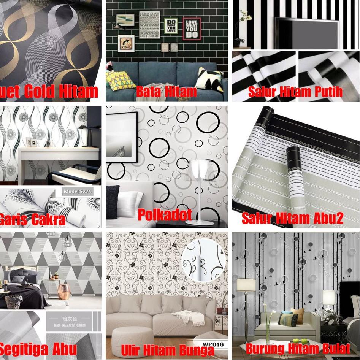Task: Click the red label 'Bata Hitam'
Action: (166, 92)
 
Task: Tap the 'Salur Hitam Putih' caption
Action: (295, 92)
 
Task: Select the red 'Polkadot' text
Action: (164, 215)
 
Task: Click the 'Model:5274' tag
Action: (78, 192)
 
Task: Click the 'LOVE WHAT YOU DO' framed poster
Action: (192, 29)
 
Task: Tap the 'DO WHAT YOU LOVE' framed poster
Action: (171, 26)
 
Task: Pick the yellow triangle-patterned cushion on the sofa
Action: (121, 80)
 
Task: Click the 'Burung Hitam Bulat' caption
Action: (298, 348)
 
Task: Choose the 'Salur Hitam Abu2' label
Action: (292, 218)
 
